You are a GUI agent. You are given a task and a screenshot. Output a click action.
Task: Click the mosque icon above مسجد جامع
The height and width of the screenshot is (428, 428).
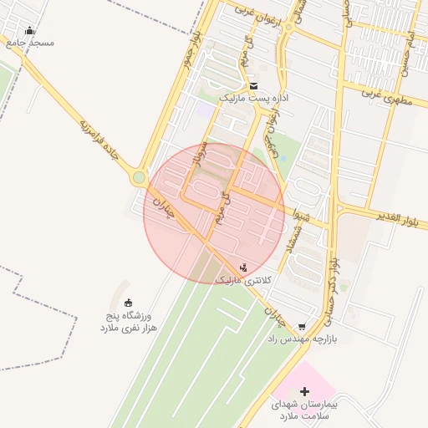tap(30, 31)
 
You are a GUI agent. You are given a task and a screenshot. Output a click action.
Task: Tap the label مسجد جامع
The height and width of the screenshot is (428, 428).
tap(29, 42)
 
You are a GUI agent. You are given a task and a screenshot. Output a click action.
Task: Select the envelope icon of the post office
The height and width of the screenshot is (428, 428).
tap(254, 86)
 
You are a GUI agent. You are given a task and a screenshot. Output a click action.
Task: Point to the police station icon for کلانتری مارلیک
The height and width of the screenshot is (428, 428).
tap(243, 267)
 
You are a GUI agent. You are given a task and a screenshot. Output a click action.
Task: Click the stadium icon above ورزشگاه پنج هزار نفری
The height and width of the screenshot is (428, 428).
tap(128, 303)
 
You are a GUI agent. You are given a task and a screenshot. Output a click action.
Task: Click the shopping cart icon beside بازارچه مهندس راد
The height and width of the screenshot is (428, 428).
tap(302, 328)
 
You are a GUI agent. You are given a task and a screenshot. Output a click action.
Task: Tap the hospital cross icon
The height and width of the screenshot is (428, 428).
tap(304, 391)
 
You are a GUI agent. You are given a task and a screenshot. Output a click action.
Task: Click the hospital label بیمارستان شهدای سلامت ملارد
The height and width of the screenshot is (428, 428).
tap(304, 410)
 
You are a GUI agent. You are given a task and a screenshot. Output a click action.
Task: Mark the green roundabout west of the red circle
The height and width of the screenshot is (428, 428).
tap(138, 178)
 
